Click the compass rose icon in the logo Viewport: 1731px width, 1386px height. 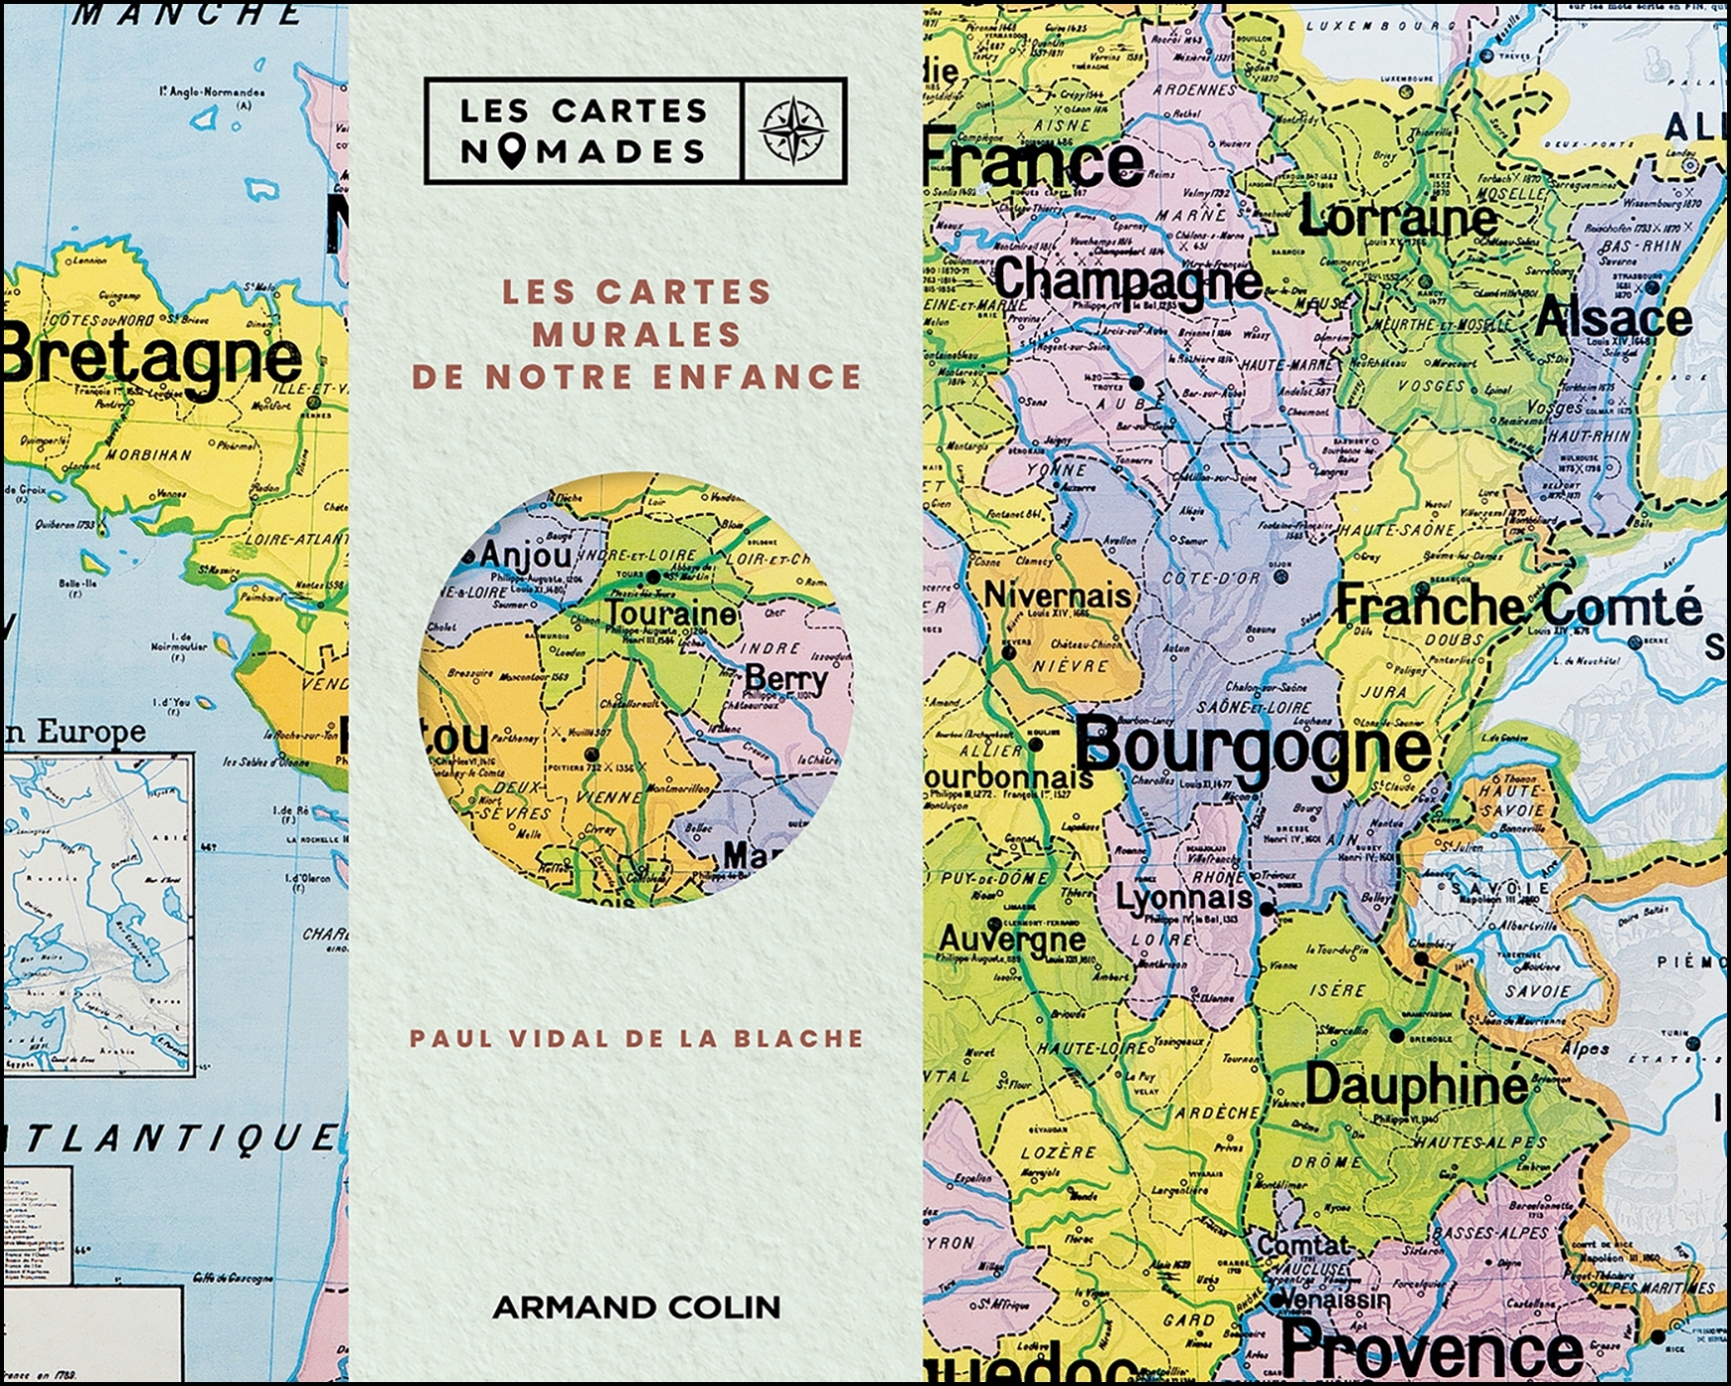[x=793, y=131]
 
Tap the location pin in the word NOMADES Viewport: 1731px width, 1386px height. [x=511, y=151]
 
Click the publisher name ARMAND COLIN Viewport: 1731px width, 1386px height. [x=637, y=1307]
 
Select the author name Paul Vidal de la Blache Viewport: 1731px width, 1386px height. [x=637, y=1039]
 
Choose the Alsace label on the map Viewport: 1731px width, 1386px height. [x=1613, y=319]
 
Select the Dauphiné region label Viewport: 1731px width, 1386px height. [x=1416, y=1085]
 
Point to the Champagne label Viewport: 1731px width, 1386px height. [x=1128, y=280]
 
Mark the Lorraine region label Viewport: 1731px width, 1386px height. [x=1397, y=217]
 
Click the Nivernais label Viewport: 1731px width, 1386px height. [x=1056, y=595]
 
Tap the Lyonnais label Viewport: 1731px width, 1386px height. [x=1183, y=898]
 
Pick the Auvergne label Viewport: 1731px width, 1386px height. [x=1011, y=938]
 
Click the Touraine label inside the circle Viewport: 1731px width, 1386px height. [x=671, y=614]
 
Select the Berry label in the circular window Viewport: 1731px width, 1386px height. [x=785, y=678]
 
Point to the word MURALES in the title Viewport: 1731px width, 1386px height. [x=637, y=335]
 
